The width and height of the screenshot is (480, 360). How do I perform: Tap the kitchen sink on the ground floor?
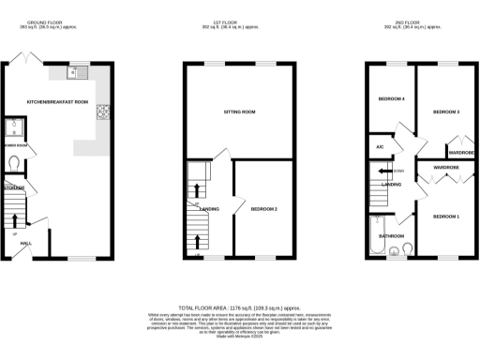[x=77, y=71]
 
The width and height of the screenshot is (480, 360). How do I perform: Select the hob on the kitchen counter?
[x=96, y=117]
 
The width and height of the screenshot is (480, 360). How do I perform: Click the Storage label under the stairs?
[x=13, y=188]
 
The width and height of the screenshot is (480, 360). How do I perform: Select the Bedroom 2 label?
[x=263, y=209]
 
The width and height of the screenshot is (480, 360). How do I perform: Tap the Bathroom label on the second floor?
[x=391, y=235]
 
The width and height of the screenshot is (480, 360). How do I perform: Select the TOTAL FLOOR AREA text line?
[x=238, y=307]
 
